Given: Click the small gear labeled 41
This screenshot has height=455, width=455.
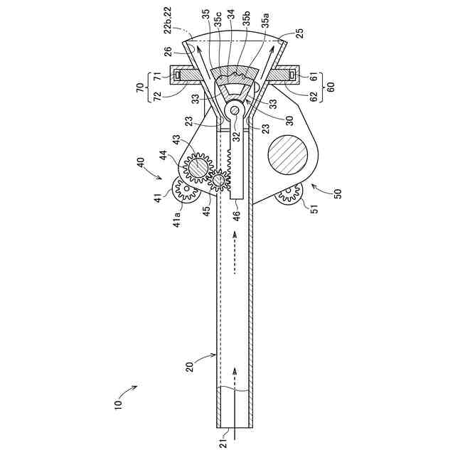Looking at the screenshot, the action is [x=187, y=188].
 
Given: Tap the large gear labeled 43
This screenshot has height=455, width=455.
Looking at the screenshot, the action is [x=198, y=166].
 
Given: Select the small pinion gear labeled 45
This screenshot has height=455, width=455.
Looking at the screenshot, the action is [x=220, y=181].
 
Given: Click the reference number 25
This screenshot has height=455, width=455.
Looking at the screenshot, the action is [x=300, y=34].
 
